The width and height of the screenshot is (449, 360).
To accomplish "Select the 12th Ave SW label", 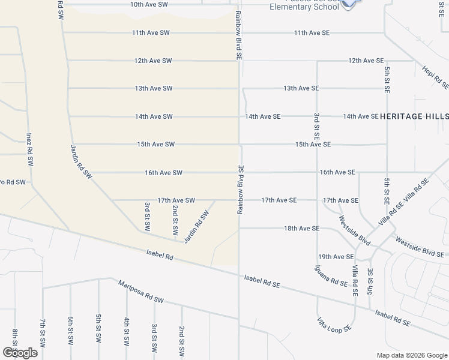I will click(x=153, y=61).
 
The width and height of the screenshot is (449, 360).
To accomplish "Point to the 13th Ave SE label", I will click(x=301, y=88).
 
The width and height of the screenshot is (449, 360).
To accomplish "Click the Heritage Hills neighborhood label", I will click(x=414, y=116).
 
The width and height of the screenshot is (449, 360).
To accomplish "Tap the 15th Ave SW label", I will click(x=155, y=144).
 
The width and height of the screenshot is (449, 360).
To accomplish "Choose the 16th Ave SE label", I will click(x=337, y=172).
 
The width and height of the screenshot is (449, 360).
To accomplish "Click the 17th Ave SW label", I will click(x=176, y=200).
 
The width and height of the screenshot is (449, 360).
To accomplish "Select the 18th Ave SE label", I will click(x=301, y=229).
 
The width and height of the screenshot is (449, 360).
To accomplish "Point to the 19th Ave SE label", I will click(x=336, y=257).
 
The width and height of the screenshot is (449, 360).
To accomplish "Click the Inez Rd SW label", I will click(x=28, y=149).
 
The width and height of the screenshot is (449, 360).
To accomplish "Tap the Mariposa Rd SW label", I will click(x=140, y=292).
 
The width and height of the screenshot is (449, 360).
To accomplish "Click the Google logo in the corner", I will click(x=20, y=353).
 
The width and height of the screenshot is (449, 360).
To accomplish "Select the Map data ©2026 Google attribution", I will click(x=411, y=355).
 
